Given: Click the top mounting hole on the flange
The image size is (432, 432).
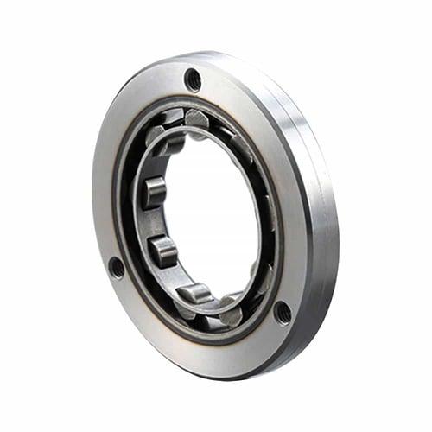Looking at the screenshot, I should (x=194, y=80).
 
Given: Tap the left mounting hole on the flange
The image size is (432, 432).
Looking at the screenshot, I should (x=117, y=267).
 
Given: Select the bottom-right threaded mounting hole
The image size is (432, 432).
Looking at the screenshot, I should (x=283, y=312).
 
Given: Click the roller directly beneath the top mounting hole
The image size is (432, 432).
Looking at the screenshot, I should (x=197, y=118).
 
